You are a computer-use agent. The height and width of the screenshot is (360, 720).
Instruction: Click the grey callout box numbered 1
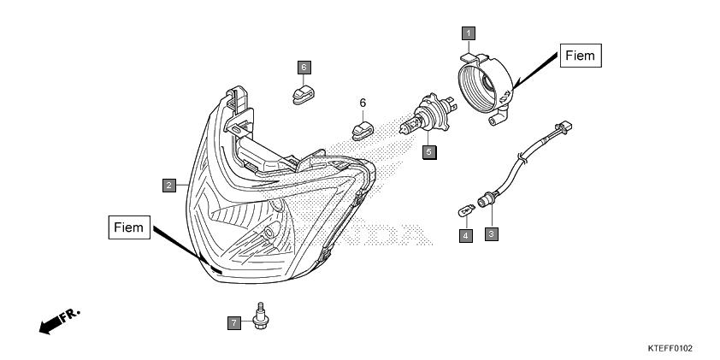point(469,33)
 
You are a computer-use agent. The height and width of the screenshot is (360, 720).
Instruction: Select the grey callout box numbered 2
point(169,186)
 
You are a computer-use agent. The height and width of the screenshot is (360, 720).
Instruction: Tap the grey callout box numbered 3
point(492,234)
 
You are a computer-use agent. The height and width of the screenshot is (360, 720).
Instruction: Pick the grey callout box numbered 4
point(466,236)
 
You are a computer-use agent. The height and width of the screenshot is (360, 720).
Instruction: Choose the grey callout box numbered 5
point(429,151)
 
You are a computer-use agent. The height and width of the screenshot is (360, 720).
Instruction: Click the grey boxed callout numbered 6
point(304,68)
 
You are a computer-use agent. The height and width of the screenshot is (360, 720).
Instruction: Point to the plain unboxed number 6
point(363,103)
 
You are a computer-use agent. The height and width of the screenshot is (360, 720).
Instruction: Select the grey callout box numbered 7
point(234,323)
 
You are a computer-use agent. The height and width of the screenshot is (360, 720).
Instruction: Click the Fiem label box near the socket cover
point(581,56)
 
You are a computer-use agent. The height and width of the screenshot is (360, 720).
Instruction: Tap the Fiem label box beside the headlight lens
point(129,227)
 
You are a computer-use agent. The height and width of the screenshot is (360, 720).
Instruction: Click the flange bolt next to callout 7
point(260,316)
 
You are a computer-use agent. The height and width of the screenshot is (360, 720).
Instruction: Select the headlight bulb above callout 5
point(426,115)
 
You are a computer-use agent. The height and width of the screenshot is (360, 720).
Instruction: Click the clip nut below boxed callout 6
point(303,94)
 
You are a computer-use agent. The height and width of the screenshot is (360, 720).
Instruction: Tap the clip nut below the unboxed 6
point(363,131)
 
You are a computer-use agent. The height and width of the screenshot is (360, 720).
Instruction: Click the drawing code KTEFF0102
point(670,349)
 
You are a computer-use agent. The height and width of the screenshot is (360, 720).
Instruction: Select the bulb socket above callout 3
point(486,201)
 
